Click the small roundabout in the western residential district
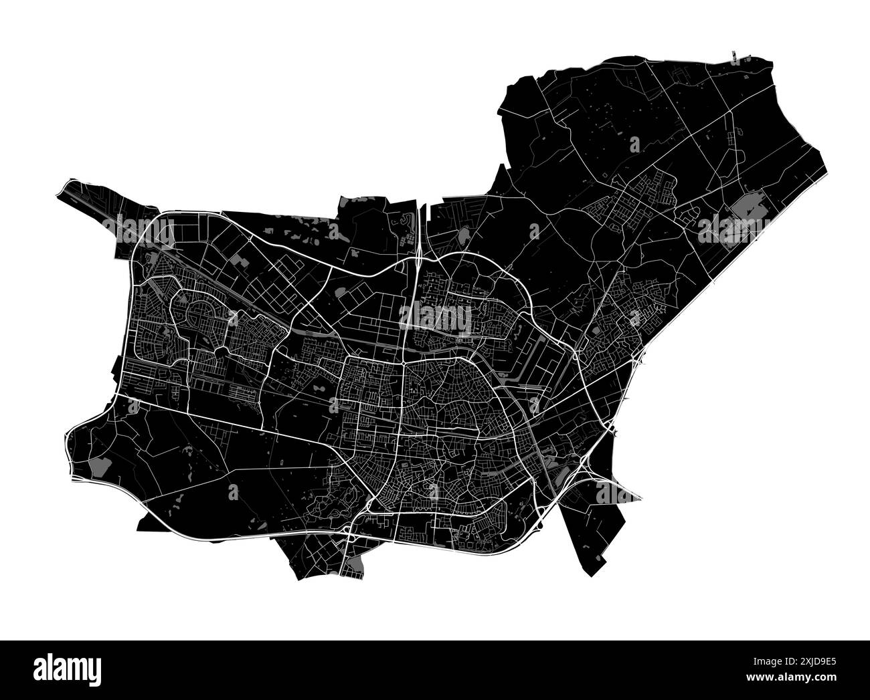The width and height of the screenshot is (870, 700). pyautogui.click(x=222, y=351)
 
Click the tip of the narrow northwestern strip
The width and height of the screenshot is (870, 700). pyautogui.click(x=62, y=189)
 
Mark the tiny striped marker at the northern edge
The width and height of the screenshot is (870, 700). pyautogui.click(x=733, y=53)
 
